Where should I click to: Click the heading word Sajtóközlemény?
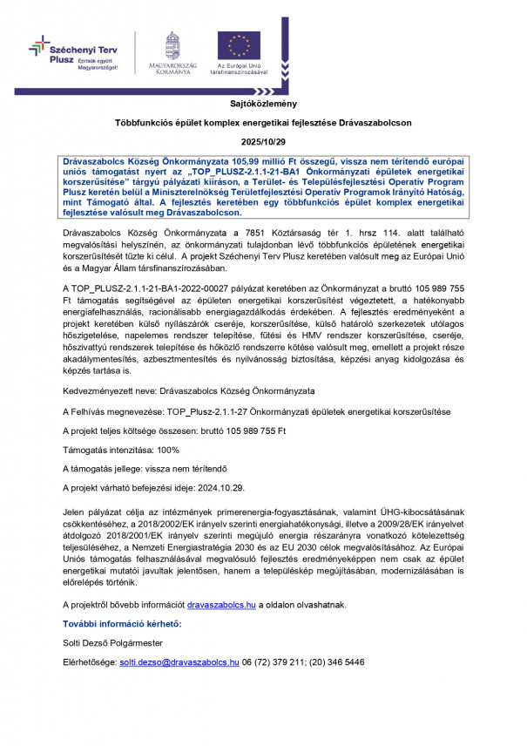[x=263, y=102]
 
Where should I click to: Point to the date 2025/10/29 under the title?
[x=263, y=142]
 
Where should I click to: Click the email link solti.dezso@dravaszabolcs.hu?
[x=179, y=662]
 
